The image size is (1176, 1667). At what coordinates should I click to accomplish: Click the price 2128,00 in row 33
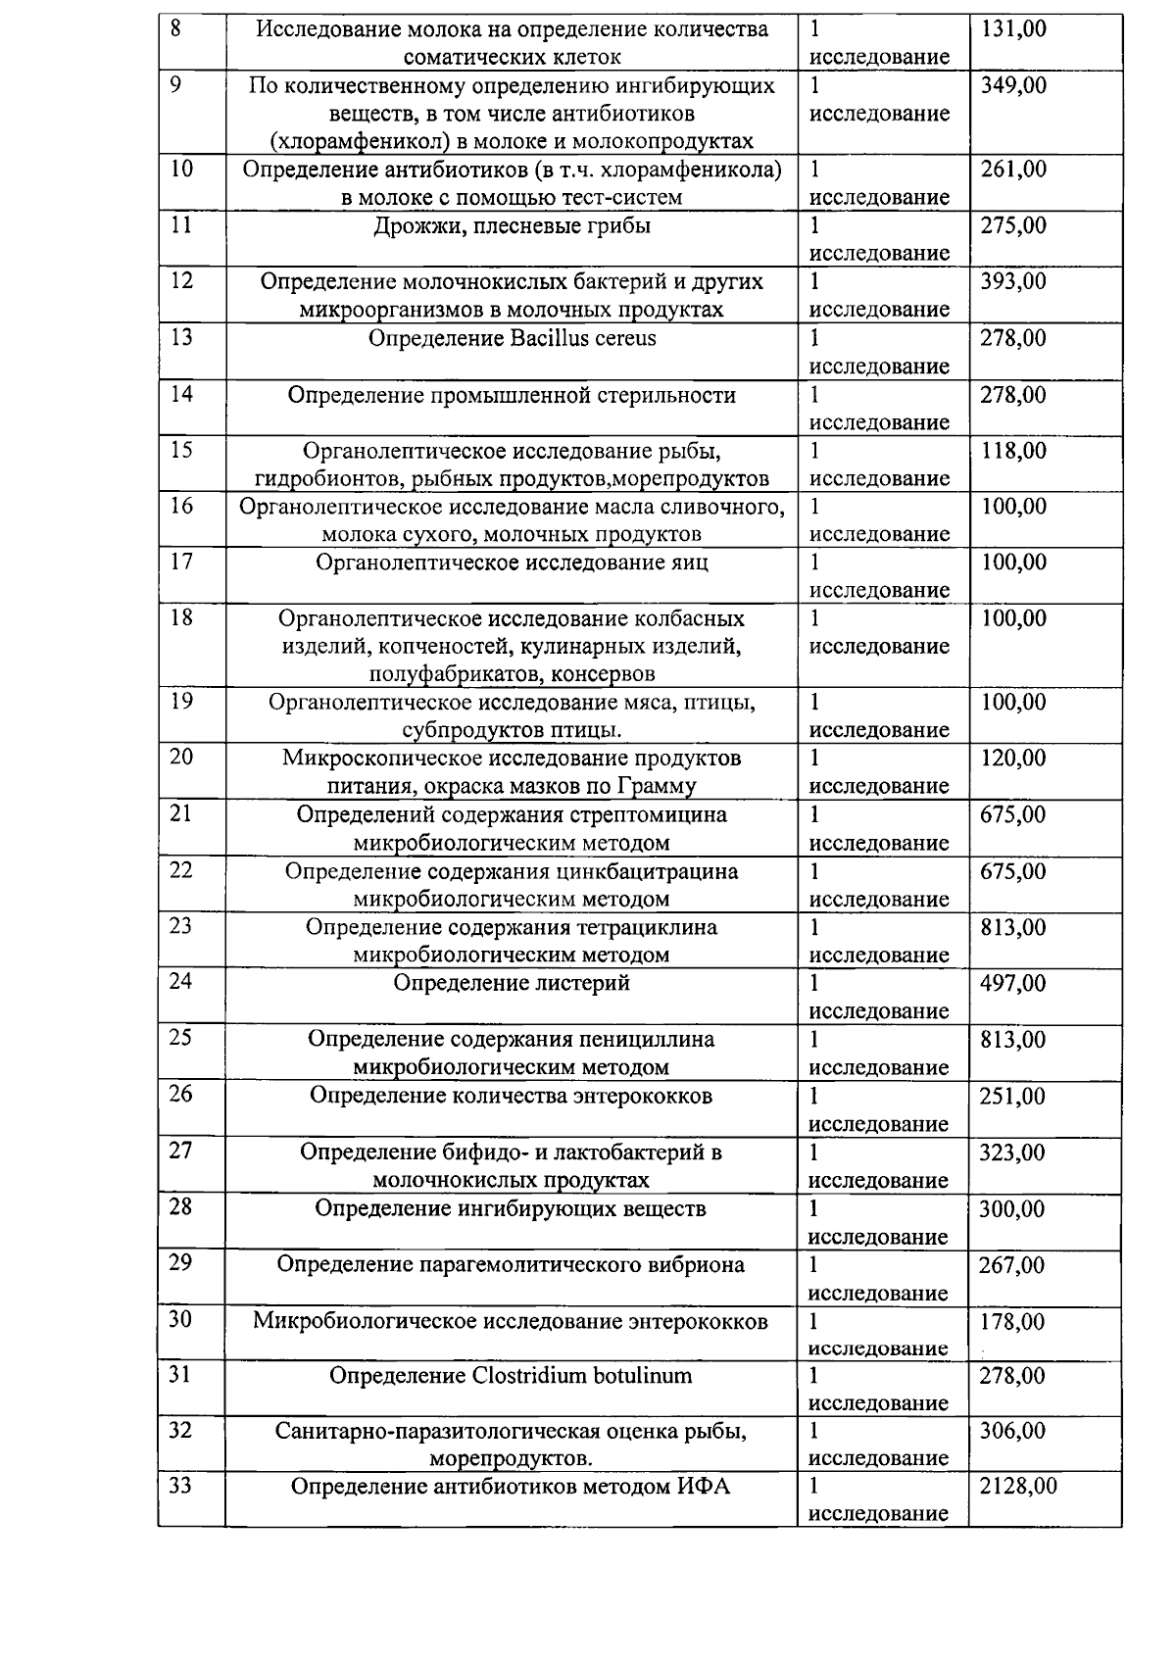click(x=1018, y=1486)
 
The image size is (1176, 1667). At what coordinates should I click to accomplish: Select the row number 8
click(x=175, y=28)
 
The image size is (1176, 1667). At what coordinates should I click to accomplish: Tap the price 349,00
click(x=1013, y=85)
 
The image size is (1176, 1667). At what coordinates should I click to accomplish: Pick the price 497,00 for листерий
click(x=1013, y=983)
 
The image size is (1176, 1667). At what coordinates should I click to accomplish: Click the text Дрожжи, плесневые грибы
click(x=512, y=226)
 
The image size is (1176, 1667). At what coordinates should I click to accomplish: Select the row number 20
click(x=180, y=758)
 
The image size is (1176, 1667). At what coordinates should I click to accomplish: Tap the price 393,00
click(x=1013, y=282)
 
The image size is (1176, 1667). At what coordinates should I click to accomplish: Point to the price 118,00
click(x=1013, y=451)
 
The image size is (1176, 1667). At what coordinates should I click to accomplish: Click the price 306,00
click(x=1013, y=1431)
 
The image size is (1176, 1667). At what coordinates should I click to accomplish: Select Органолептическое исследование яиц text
click(x=512, y=563)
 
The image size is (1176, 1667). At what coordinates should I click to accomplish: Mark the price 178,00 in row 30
click(x=1013, y=1321)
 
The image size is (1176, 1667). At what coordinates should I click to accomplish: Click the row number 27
click(x=180, y=1152)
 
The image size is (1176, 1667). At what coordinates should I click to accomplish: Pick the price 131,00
click(x=1013, y=29)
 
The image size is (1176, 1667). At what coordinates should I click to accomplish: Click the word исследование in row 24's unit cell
click(x=879, y=1011)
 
